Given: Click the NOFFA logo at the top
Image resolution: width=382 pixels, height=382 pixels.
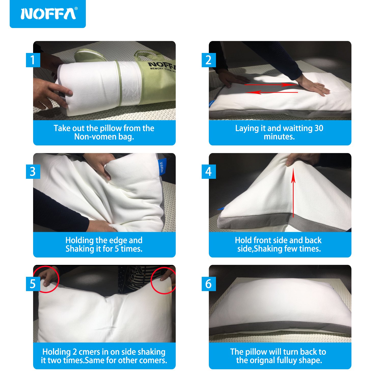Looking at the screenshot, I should click(48, 14).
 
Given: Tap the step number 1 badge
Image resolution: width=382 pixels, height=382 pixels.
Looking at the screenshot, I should click(33, 60).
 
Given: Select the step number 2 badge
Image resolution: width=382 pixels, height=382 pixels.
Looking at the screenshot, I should click(209, 60).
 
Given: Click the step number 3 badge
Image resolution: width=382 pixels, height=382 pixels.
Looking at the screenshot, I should click(33, 172).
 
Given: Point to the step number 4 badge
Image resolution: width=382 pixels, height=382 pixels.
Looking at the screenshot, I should click(209, 172).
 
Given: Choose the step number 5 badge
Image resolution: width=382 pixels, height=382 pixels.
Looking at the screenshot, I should click(33, 284).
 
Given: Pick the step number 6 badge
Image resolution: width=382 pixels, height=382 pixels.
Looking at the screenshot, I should click(209, 284).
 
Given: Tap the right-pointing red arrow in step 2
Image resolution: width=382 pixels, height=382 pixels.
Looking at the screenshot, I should click(270, 85).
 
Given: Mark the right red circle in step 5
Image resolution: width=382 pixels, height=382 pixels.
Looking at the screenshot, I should click(164, 280).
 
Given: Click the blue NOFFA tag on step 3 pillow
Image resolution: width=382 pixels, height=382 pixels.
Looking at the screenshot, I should click(161, 167).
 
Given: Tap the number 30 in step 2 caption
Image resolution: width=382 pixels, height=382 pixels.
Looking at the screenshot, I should click(319, 128).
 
